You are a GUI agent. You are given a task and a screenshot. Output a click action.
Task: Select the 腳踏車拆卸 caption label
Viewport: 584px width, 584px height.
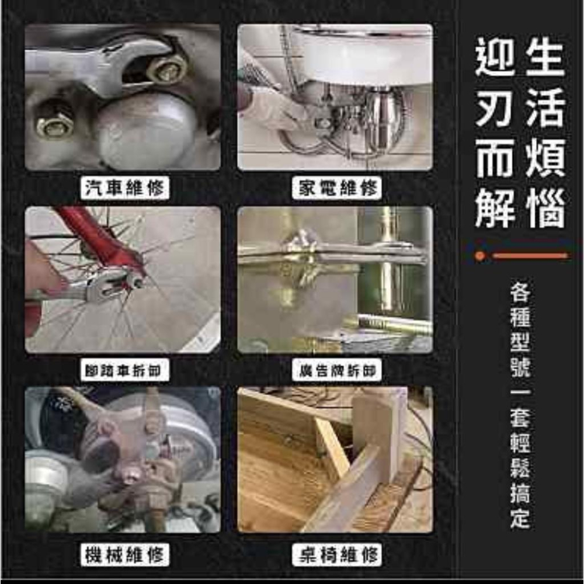pyautogui.click(x=125, y=370)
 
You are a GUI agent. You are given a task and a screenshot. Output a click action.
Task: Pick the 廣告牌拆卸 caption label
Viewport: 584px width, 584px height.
pyautogui.click(x=336, y=370)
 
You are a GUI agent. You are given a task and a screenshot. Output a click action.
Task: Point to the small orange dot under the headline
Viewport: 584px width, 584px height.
pyautogui.click(x=480, y=256)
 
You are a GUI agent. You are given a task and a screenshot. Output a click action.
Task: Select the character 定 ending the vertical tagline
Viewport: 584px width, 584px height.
pyautogui.click(x=520, y=518)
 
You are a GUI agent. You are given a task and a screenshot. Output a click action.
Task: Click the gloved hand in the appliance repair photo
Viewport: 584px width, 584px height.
pyautogui.click(x=263, y=105)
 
